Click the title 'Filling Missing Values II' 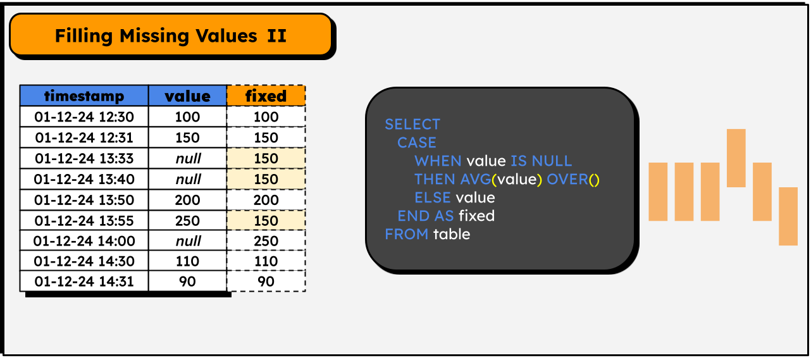171,35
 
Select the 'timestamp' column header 84,96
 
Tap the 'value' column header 187,96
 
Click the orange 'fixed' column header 266,96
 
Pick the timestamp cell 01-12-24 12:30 84,117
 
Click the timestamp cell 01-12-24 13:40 84,179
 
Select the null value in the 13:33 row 187,158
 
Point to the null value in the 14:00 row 187,241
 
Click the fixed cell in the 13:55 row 266,221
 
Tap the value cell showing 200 187,200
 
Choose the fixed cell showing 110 266,261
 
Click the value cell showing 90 187,282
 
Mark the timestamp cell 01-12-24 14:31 84,282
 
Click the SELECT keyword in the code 412,124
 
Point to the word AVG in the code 475,180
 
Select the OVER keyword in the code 567,180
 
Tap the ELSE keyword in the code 433,198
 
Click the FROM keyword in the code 407,234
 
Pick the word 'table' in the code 452,234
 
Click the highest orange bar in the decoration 736,158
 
